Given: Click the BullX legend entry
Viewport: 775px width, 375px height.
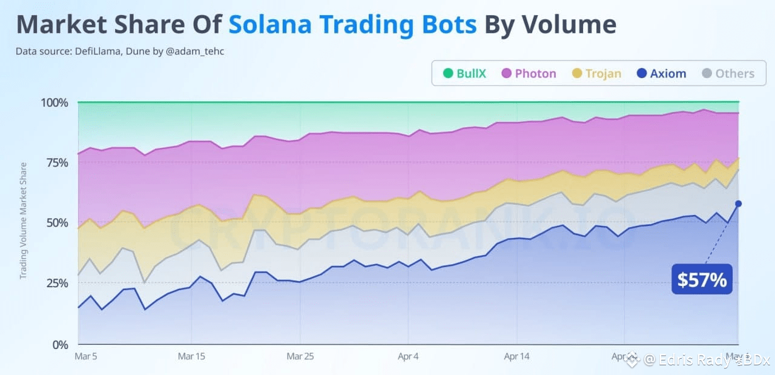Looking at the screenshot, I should [464, 74].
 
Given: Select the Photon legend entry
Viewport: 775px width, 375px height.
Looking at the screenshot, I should [529, 74].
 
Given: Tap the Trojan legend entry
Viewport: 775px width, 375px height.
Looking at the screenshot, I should [596, 74].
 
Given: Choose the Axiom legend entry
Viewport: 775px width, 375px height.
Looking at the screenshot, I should [661, 74].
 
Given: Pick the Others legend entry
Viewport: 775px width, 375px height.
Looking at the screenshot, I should [727, 74].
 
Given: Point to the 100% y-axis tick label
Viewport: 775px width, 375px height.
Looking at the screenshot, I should [54, 102].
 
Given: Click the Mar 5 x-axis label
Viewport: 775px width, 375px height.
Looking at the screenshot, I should [85, 356].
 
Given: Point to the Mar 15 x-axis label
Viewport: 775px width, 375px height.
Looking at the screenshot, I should [191, 356].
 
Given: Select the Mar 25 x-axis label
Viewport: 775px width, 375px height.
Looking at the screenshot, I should [300, 356].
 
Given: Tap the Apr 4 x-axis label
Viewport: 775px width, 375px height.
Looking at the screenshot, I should [408, 356].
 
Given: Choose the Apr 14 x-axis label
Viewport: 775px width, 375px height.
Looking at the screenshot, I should [516, 356].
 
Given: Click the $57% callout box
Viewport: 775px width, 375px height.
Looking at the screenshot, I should [702, 279].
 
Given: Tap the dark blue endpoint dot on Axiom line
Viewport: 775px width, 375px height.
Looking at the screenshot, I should [738, 204].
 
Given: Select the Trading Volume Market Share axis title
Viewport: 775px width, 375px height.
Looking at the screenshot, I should [24, 221].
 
